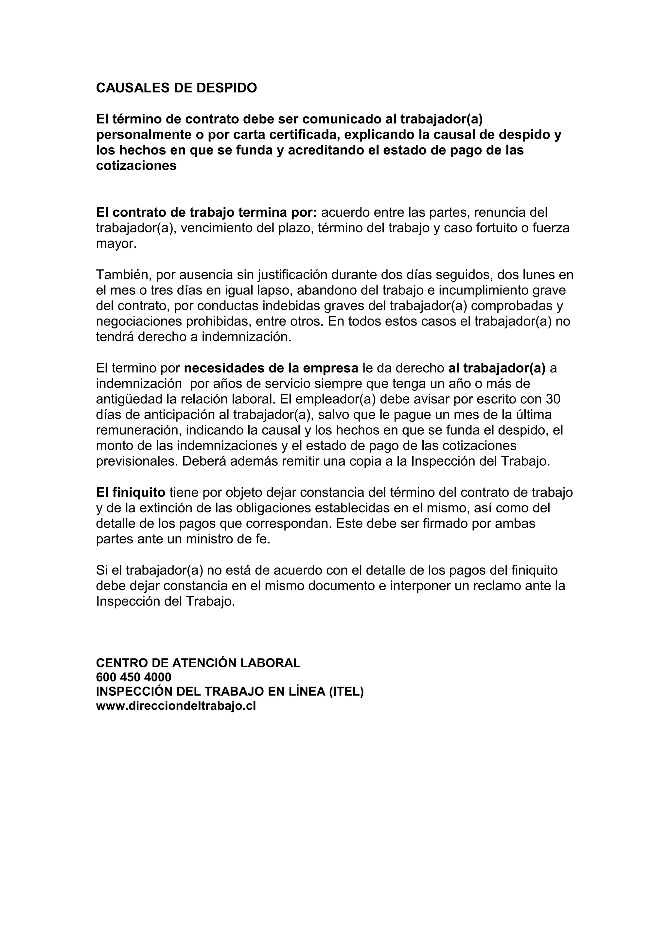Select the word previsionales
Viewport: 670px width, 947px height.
coord(137,461)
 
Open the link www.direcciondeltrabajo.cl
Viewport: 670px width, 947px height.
coord(176,706)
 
